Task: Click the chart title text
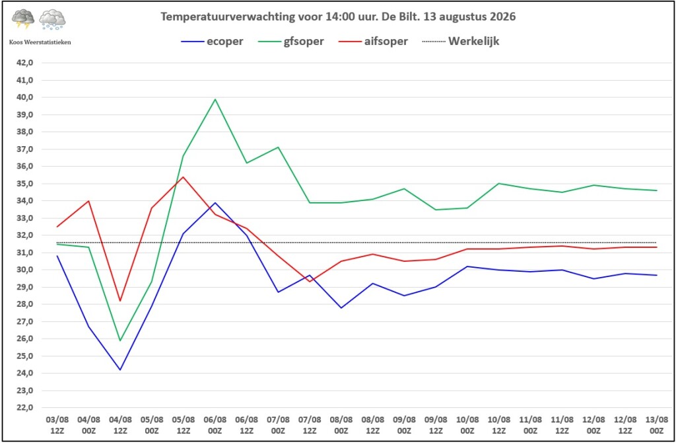(338, 17)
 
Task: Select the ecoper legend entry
(212, 42)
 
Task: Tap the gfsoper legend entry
(291, 42)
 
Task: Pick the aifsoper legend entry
(373, 42)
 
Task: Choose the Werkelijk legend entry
(461, 42)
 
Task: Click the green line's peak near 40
(215, 99)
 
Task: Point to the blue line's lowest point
(120, 370)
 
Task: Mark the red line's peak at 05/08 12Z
(184, 177)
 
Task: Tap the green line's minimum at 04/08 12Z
(120, 341)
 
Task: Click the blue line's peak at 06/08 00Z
(215, 202)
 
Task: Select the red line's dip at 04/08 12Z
(120, 301)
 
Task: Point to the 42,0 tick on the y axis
(24, 63)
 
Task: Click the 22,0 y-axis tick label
(24, 407)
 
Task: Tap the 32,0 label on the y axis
(24, 235)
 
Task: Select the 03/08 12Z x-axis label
(57, 425)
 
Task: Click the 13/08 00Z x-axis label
(657, 425)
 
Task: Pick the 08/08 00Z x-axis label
(341, 425)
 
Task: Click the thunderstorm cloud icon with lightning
(23, 19)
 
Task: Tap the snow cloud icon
(52, 19)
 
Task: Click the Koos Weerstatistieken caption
(40, 42)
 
